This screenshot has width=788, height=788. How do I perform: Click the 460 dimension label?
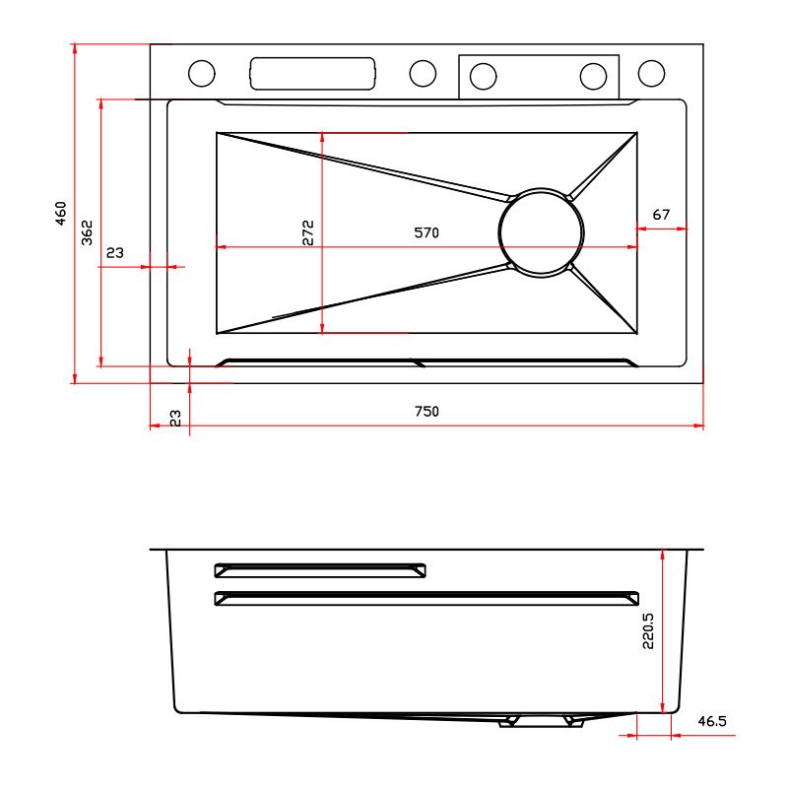click(60, 213)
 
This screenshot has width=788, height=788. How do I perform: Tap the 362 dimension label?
click(87, 232)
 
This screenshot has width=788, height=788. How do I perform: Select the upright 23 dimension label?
click(115, 252)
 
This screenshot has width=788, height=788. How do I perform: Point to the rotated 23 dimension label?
click(175, 418)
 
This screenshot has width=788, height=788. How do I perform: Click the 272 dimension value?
click(308, 232)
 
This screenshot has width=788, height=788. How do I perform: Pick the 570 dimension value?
click(427, 232)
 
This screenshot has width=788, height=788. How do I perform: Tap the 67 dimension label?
click(661, 215)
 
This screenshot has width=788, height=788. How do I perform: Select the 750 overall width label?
click(427, 411)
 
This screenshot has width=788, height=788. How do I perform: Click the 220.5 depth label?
click(648, 630)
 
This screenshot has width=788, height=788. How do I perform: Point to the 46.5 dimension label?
click(712, 721)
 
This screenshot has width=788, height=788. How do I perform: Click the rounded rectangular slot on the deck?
click(312, 73)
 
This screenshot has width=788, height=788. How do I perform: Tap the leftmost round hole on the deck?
click(202, 73)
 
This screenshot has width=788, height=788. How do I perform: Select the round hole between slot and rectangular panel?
click(423, 73)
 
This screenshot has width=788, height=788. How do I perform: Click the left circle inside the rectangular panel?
click(483, 77)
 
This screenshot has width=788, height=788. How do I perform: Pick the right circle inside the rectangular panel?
click(594, 77)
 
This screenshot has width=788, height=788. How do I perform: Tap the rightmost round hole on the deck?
click(651, 73)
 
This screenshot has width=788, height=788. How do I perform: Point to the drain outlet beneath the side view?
click(541, 722)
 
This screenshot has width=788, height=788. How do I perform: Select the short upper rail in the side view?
click(320, 570)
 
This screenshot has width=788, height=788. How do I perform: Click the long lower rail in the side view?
click(427, 598)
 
